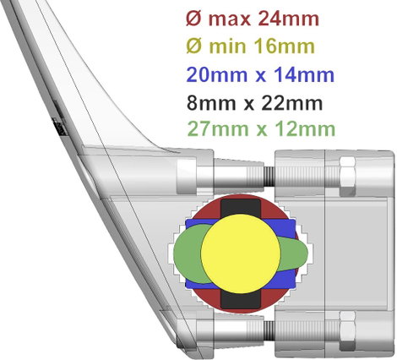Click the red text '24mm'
coord(288,19)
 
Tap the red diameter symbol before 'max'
coord(194,19)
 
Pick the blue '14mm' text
coord(305,75)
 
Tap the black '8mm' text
coord(211,103)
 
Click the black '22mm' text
coord(292,103)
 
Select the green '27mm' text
coord(218,129)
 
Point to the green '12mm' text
coord(305,129)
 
